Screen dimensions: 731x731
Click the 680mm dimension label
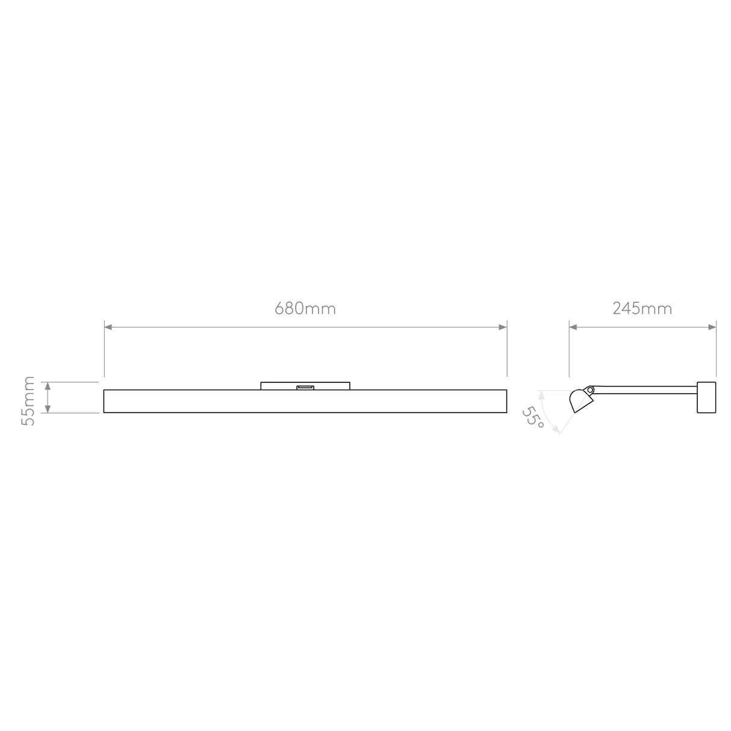coord(305,308)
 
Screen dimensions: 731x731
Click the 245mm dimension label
coord(642,308)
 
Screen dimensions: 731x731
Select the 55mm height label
coord(28,401)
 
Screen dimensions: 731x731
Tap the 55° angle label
coord(533,418)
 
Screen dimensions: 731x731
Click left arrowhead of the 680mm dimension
coord(108,327)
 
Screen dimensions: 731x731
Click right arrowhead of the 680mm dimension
coord(503,327)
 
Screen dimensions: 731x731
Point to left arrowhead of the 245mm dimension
coord(573,327)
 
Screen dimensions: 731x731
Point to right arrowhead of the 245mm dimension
coord(712,327)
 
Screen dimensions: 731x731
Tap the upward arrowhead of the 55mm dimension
coord(48,386)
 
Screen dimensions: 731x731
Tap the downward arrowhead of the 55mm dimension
coord(48,409)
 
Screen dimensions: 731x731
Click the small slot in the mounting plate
coord(305,387)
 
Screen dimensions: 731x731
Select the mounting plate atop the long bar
coord(305,386)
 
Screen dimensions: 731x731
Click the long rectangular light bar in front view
coord(305,401)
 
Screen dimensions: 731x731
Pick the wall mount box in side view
coord(706,397)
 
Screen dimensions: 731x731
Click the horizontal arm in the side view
coord(645,390)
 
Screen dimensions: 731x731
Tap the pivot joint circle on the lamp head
coord(590,390)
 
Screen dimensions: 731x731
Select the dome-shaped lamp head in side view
coord(580,400)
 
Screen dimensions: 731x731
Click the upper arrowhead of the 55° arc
coord(542,395)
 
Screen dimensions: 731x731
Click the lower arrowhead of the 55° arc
coord(555,429)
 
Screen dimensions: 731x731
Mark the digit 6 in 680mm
coord(279,308)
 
